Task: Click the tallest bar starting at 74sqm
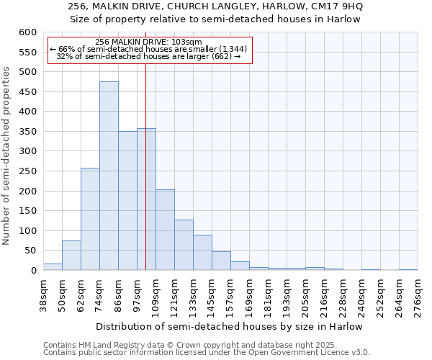(x=109, y=176)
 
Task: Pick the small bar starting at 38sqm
(x=53, y=267)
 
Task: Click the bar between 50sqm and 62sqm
(x=71, y=256)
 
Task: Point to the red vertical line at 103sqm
(x=146, y=180)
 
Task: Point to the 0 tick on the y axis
(x=33, y=271)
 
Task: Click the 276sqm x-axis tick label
(x=418, y=296)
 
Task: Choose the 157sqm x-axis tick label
(x=230, y=296)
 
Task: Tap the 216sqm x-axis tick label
(x=324, y=296)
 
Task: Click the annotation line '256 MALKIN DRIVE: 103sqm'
(x=148, y=42)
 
